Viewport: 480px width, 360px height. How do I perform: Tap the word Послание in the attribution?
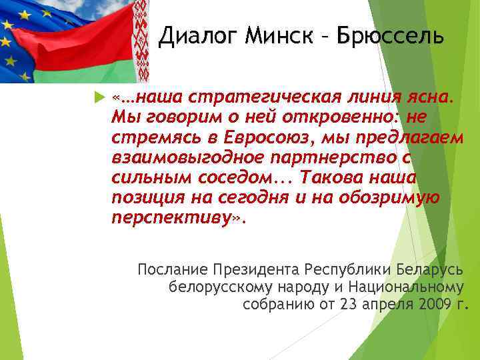[x=172, y=270]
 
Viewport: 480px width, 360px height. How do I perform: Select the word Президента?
[x=256, y=270]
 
